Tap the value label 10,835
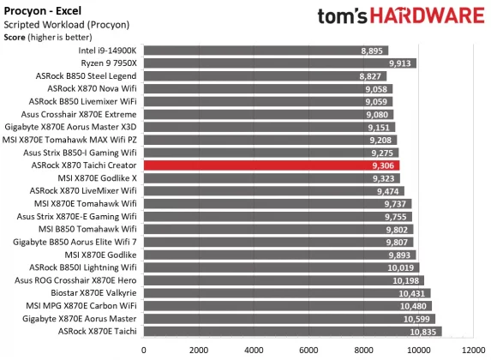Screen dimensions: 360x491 click(423, 331)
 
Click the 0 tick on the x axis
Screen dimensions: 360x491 click(143, 350)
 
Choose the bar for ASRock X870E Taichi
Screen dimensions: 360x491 click(274, 331)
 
